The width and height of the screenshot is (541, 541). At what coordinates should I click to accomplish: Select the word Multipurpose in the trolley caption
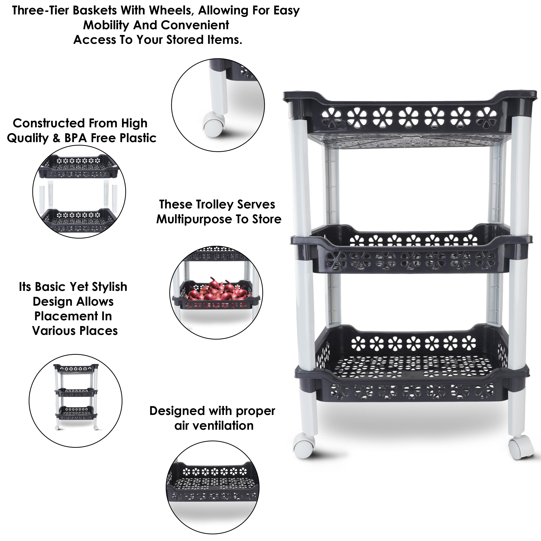[193, 219]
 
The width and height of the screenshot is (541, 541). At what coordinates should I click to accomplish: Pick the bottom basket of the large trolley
[411, 375]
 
